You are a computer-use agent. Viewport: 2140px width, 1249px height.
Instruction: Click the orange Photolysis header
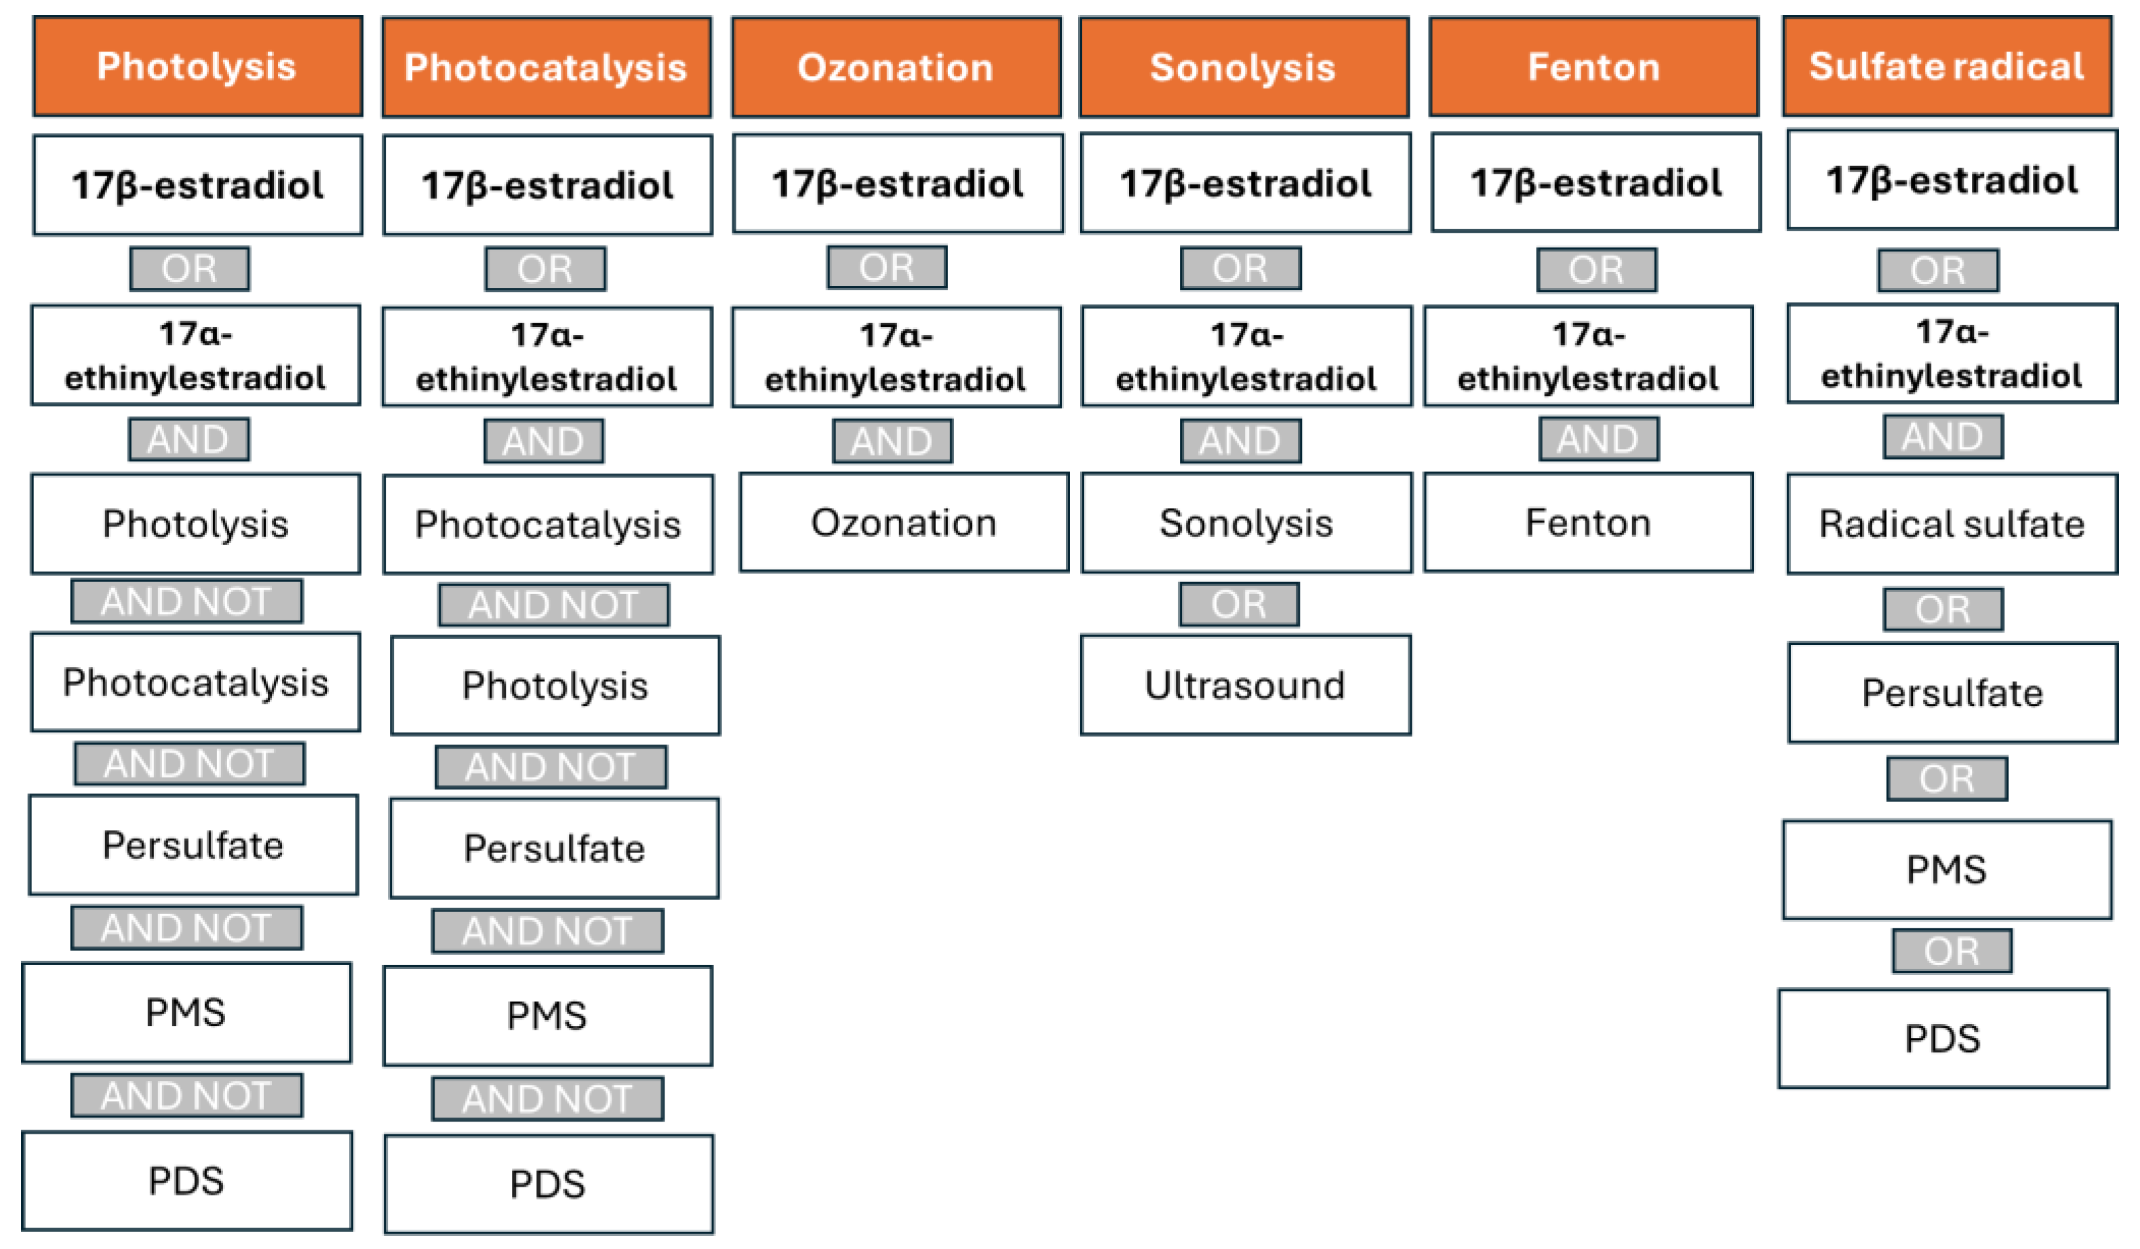point(197,66)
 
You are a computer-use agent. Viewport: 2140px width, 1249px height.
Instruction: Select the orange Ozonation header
point(896,67)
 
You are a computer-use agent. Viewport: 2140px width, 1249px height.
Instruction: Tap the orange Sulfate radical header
point(1946,66)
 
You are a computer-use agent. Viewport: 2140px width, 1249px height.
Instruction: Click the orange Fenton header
point(1593,67)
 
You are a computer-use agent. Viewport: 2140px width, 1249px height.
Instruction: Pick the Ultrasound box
point(1245,684)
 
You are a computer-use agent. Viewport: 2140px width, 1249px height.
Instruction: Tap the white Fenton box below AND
point(1588,522)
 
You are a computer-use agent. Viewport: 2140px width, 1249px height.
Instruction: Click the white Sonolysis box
point(1246,522)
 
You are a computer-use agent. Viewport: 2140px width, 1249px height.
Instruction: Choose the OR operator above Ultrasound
point(1238,603)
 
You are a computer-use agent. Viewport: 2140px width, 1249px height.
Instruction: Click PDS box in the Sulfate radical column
point(1943,1037)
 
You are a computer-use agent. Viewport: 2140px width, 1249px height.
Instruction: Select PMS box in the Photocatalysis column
point(547,1014)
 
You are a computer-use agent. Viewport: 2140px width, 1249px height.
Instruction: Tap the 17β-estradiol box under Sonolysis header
point(1245,182)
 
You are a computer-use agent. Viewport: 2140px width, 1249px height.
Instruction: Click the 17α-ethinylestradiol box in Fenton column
point(1588,356)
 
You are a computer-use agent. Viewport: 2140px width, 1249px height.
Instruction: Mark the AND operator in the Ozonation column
point(892,441)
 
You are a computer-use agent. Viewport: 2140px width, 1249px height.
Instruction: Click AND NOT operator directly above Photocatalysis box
point(187,601)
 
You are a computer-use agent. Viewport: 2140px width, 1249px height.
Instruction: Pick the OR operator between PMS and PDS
point(1951,950)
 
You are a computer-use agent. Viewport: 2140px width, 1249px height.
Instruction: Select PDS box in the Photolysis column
point(187,1181)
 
